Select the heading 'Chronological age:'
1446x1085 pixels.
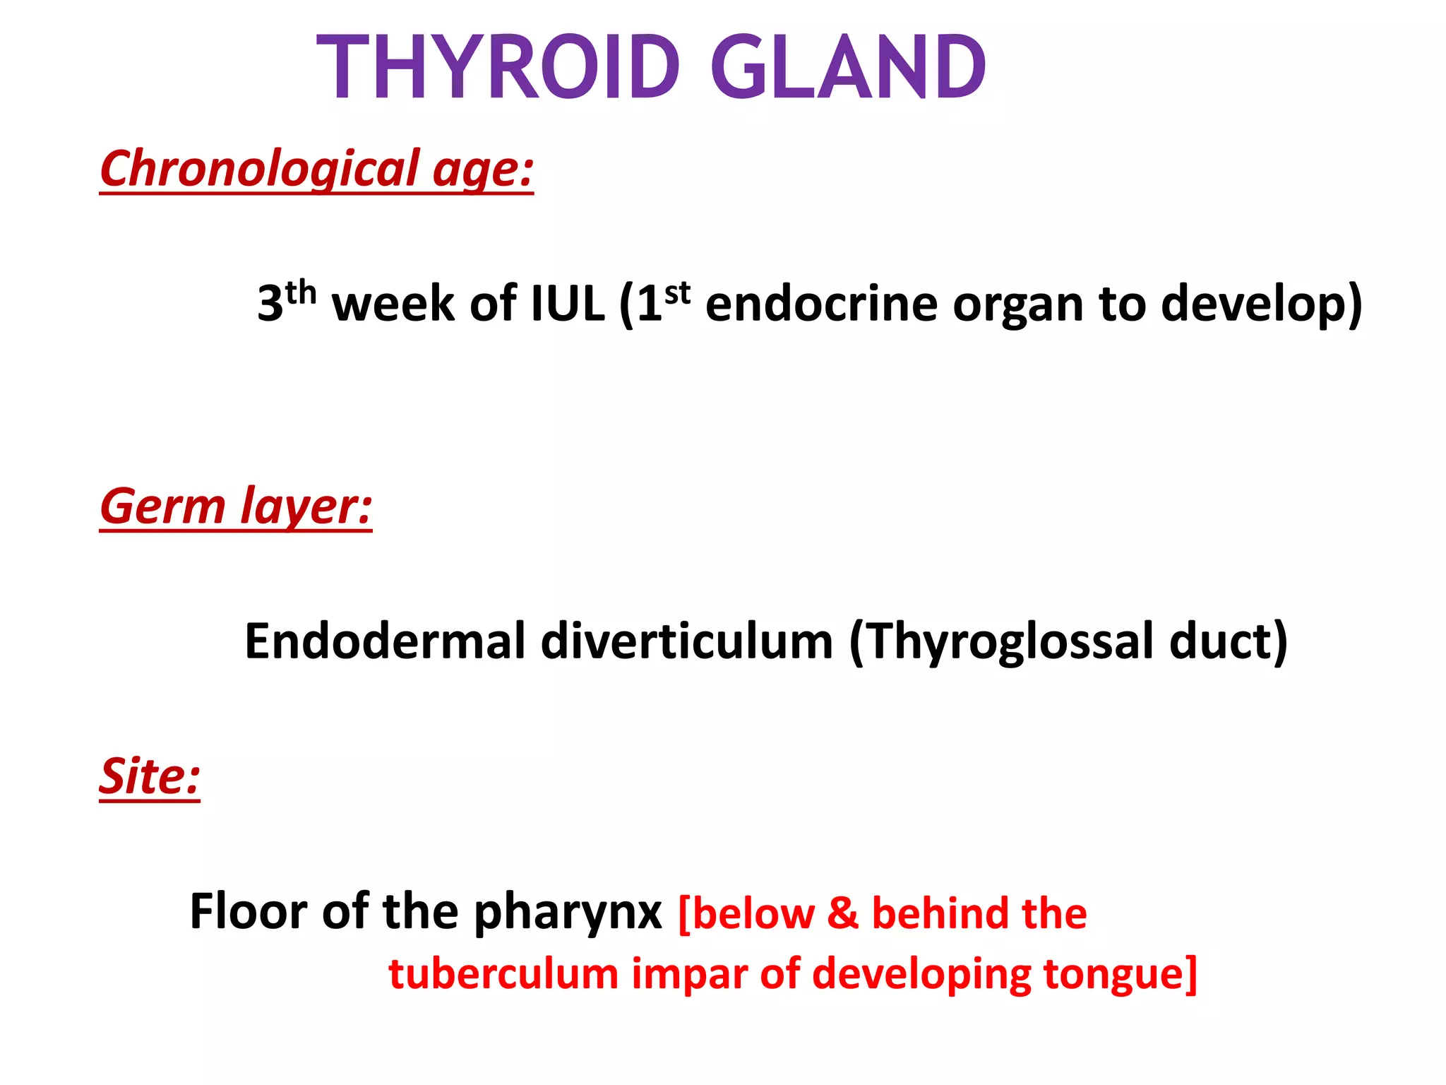[x=316, y=170]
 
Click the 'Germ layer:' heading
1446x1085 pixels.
[x=235, y=506]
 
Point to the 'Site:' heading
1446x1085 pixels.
[x=150, y=777]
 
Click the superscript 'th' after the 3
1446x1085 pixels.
[x=301, y=292]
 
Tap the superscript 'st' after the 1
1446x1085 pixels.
[x=677, y=292]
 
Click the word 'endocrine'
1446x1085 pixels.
[x=822, y=304]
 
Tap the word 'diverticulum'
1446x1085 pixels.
[x=687, y=641]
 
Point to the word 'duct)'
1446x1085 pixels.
[x=1229, y=641]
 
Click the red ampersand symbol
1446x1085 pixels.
[x=842, y=913]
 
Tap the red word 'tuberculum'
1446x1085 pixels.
[x=503, y=973]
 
